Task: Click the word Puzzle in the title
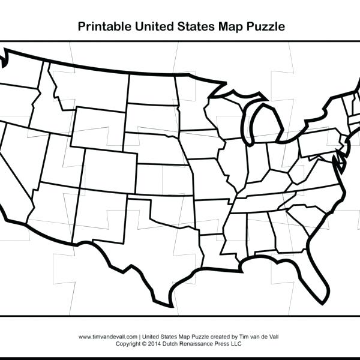click(x=262, y=26)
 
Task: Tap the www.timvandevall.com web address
click(x=109, y=337)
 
